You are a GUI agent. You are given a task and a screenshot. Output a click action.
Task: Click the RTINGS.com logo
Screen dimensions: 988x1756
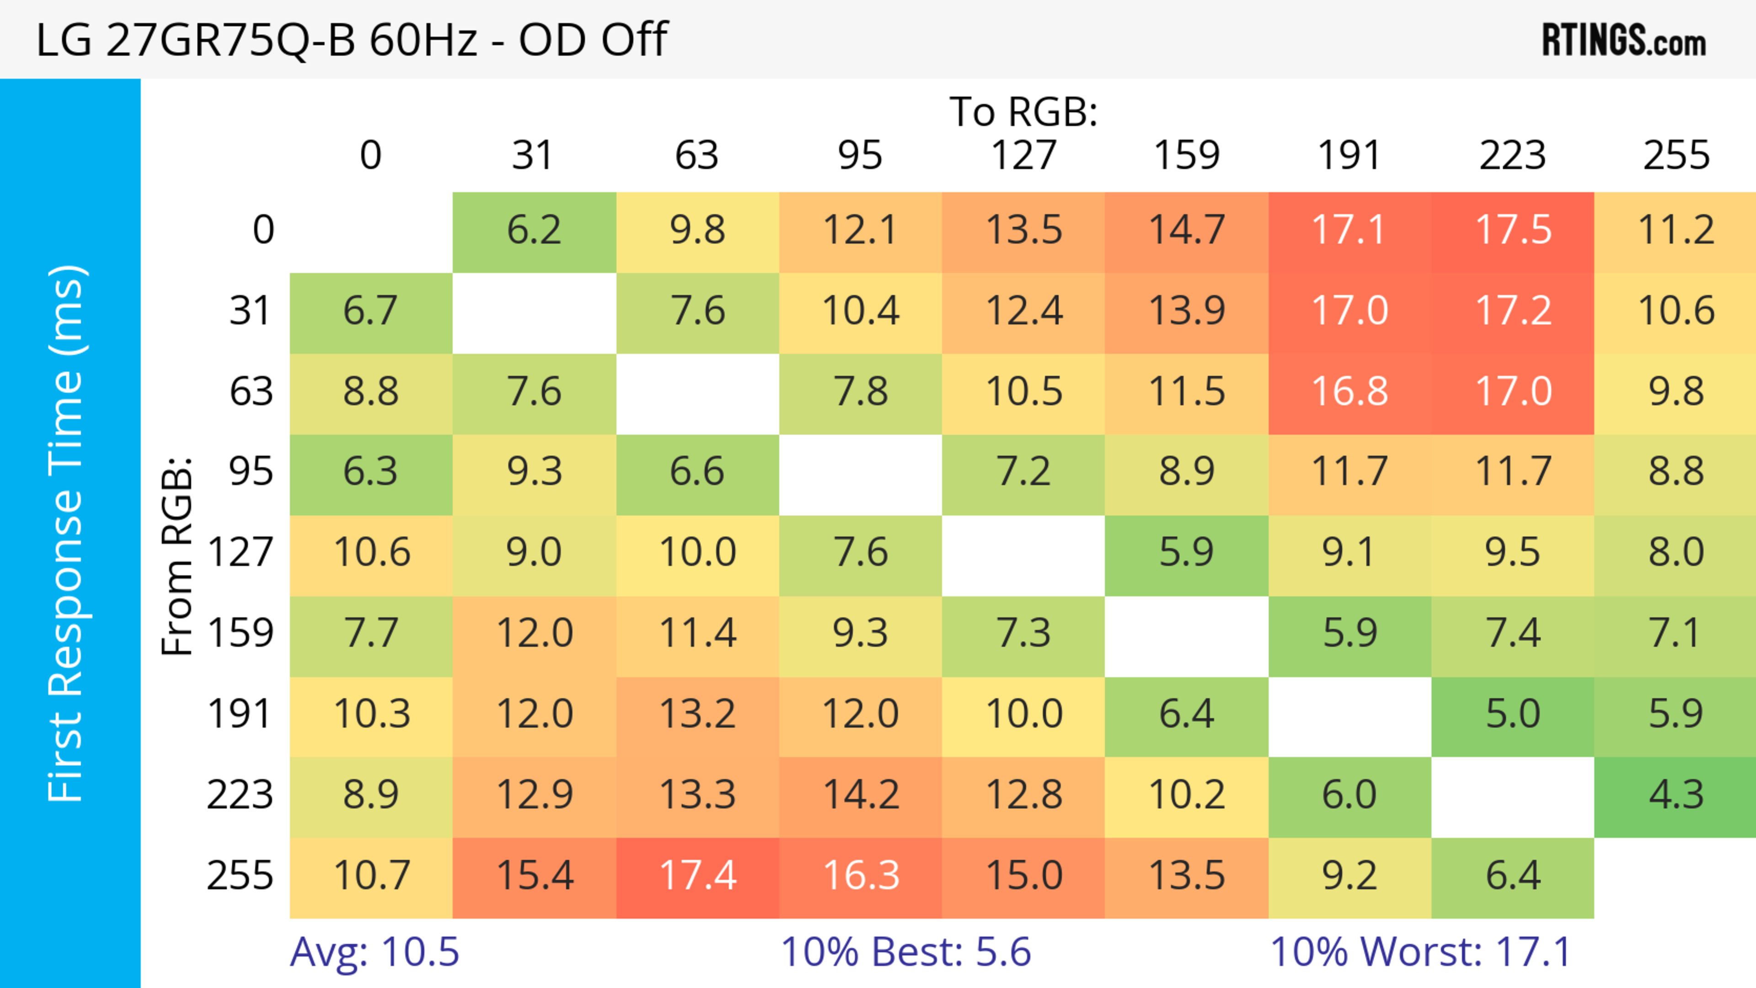(x=1624, y=39)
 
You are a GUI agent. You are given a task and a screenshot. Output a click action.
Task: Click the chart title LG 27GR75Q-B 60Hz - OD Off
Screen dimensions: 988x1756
(x=351, y=39)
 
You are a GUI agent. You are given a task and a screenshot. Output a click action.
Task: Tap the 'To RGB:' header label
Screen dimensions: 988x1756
(x=1023, y=112)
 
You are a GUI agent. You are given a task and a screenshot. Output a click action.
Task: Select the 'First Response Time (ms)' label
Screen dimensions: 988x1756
(x=67, y=533)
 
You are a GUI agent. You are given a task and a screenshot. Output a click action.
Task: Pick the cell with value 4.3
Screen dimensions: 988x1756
(x=1676, y=795)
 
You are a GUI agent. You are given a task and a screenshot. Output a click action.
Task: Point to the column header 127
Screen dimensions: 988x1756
(x=1023, y=155)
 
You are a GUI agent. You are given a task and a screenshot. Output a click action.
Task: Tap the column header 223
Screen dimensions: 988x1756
(x=1513, y=155)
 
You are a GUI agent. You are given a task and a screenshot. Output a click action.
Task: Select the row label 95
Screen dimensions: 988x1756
(x=251, y=471)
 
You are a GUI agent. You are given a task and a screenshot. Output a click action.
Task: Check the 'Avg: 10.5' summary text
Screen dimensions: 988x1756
(x=374, y=952)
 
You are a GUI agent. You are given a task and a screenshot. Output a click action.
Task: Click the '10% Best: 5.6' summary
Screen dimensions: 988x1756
(x=905, y=952)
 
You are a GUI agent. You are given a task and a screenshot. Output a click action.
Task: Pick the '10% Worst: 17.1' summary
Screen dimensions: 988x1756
(x=1421, y=952)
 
